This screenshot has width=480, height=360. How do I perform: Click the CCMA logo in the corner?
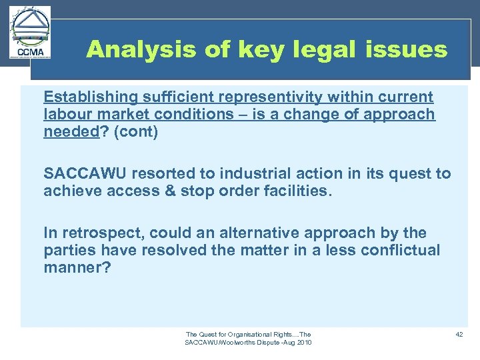(30, 34)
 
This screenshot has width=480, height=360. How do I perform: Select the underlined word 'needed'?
(70, 131)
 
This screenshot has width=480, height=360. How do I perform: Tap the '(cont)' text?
(136, 131)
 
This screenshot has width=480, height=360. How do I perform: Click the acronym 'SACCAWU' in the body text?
(85, 174)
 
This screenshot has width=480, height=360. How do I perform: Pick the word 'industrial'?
(257, 174)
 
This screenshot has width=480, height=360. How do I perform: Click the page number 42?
(459, 334)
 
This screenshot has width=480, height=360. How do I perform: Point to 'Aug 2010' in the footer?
(297, 343)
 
